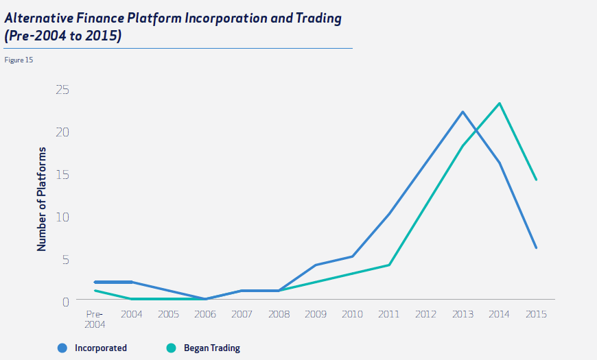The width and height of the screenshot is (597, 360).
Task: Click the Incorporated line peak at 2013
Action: pyautogui.click(x=463, y=112)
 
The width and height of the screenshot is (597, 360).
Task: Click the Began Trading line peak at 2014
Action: pyautogui.click(x=500, y=104)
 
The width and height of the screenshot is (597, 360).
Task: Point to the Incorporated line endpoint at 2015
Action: pyautogui.click(x=536, y=248)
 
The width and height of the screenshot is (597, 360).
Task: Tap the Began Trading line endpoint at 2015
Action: pyautogui.click(x=536, y=180)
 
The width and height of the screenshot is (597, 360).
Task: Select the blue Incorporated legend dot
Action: pyautogui.click(x=62, y=348)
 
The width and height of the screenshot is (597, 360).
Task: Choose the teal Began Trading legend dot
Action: pyautogui.click(x=172, y=348)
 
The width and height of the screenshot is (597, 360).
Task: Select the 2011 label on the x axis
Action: pyautogui.click(x=389, y=314)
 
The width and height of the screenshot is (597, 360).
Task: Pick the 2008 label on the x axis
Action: pyautogui.click(x=279, y=314)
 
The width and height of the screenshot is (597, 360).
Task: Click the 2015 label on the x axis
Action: pyautogui.click(x=536, y=314)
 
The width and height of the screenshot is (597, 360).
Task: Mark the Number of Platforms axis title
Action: pyautogui.click(x=43, y=198)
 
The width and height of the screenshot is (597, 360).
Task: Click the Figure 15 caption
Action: pyautogui.click(x=19, y=60)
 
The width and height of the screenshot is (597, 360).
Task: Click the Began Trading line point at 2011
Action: pyautogui.click(x=389, y=265)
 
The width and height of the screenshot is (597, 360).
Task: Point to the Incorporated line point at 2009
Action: pyautogui.click(x=315, y=265)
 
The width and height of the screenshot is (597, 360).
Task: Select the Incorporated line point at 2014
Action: pyautogui.click(x=500, y=163)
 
